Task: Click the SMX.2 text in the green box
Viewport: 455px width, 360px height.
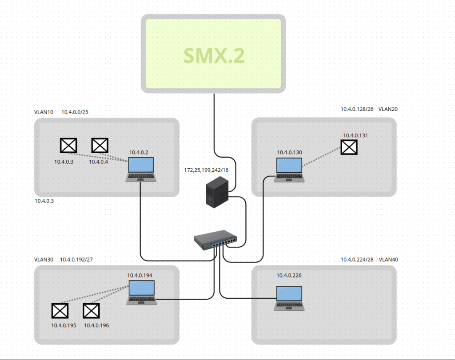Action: [214, 56]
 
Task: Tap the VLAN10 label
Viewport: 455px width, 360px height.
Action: [44, 112]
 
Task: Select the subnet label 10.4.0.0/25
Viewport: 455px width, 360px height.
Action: [75, 112]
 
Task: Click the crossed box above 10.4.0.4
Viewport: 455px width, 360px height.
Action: [100, 145]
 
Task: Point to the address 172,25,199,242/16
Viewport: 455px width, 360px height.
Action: [206, 170]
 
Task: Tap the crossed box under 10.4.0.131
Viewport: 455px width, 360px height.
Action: [349, 147]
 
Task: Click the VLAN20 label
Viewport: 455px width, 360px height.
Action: [387, 109]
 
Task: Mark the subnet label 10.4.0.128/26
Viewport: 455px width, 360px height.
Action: [357, 109]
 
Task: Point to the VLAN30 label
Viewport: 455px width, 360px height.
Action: [44, 260]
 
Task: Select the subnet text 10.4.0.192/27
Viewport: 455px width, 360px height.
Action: [76, 260]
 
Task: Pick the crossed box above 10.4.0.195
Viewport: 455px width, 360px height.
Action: [60, 311]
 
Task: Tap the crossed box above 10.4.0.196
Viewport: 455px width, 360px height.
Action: [92, 311]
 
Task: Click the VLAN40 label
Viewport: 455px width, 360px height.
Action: [388, 260]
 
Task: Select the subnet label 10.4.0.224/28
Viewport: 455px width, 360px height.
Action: [357, 260]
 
